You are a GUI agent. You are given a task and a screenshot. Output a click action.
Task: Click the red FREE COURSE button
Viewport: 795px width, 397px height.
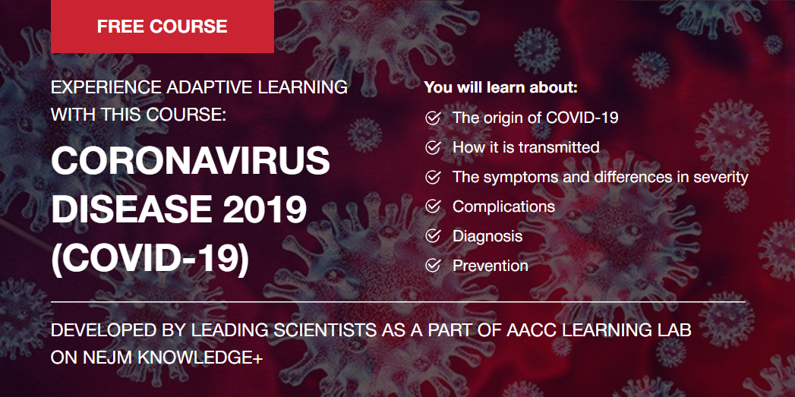tap(162, 27)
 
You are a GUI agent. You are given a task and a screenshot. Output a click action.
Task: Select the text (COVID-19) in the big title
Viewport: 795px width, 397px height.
tap(150, 259)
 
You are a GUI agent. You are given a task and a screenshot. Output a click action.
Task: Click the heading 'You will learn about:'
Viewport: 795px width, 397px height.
tap(501, 88)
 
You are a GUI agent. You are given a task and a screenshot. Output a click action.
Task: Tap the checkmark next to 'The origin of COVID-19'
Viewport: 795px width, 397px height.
tap(433, 118)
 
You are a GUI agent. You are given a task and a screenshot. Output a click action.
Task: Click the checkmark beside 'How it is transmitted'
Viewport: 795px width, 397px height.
tap(433, 147)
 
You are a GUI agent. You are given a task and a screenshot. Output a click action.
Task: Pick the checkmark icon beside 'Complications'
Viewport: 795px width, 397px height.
tap(433, 206)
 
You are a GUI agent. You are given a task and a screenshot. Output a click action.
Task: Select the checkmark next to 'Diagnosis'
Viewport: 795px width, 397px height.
tap(433, 236)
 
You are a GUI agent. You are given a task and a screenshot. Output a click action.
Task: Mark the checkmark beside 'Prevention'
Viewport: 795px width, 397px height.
tap(433, 265)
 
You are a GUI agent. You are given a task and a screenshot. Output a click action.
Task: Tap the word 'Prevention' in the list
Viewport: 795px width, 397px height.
tap(491, 265)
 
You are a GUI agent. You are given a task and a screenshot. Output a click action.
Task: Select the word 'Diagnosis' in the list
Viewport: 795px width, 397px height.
tap(487, 236)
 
